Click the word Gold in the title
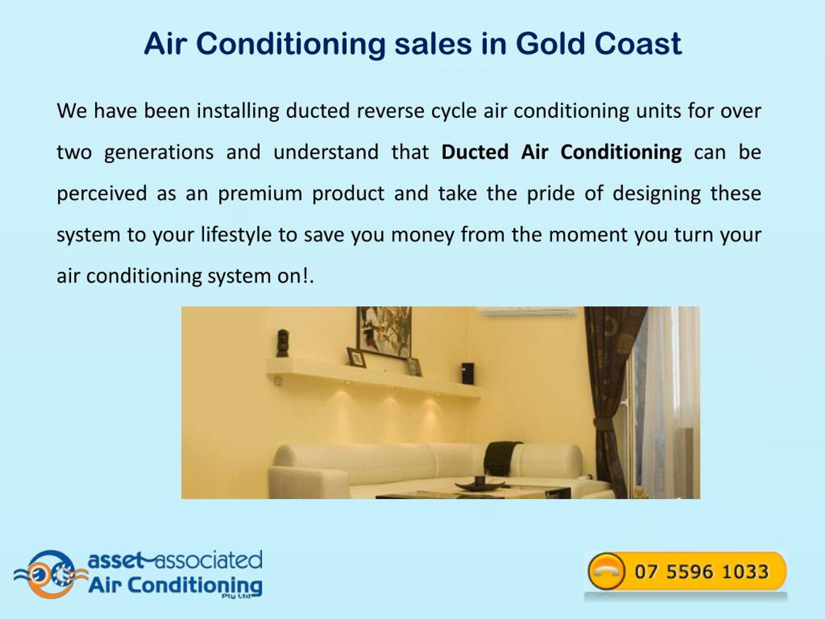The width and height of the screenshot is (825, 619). (x=550, y=44)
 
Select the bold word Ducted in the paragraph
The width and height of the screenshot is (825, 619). (x=475, y=152)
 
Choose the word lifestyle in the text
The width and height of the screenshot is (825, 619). (x=236, y=235)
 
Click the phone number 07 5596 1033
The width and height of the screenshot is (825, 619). (x=702, y=572)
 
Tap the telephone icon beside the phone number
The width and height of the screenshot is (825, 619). (x=606, y=571)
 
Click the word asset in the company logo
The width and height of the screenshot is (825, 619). (x=115, y=560)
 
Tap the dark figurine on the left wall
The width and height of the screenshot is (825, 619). (x=282, y=343)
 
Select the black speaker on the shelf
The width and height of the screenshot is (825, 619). (x=467, y=373)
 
